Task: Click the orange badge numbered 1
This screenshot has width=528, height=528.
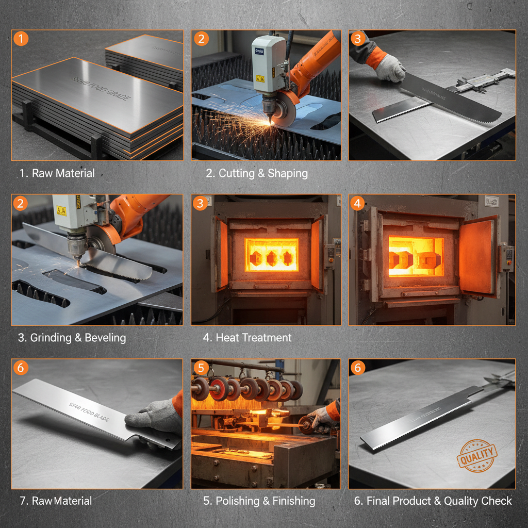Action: click(20, 38)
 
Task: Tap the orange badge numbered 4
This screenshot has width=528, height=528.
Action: click(357, 203)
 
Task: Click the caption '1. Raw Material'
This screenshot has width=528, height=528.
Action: click(57, 173)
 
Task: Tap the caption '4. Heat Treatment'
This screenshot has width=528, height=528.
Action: click(247, 338)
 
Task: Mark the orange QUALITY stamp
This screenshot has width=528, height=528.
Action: click(477, 456)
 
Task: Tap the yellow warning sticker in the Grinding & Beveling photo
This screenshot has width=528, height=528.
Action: click(61, 210)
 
